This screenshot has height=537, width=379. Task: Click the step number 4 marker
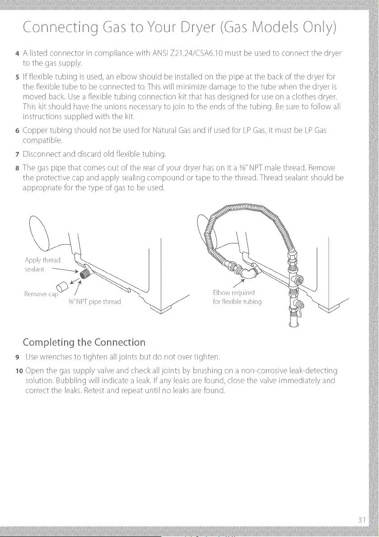pyautogui.click(x=17, y=54)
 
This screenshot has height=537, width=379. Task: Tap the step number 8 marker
pyautogui.click(x=17, y=168)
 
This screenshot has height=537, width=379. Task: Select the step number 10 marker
pyautogui.click(x=19, y=371)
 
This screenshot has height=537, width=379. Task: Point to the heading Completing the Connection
pyautogui.click(x=84, y=342)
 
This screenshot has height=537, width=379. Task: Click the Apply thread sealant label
pyautogui.click(x=42, y=265)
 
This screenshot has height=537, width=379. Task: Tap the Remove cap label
pyautogui.click(x=41, y=294)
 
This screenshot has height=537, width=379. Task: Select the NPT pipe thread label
pyautogui.click(x=94, y=302)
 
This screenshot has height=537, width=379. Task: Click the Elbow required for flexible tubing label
pyautogui.click(x=237, y=297)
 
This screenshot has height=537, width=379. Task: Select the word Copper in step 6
pyautogui.click(x=33, y=131)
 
